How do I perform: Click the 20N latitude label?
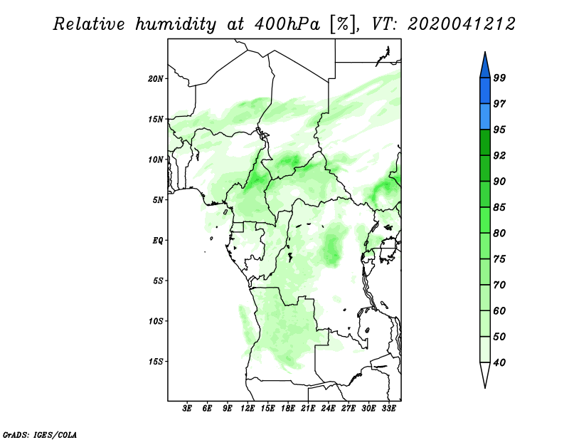point(156,79)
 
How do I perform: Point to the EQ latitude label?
point(158,241)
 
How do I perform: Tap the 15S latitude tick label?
point(156,362)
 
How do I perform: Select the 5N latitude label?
point(158,200)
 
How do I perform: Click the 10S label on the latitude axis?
point(156,321)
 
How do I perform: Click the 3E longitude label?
point(187,409)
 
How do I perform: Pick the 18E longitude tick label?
point(288,409)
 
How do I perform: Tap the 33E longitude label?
point(388,409)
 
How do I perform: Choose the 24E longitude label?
point(328,409)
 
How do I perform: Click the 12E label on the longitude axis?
point(248,409)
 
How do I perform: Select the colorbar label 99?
point(499,78)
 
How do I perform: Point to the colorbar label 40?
point(499,362)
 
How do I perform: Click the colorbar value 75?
point(499,259)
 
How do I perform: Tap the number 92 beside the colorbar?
point(499,155)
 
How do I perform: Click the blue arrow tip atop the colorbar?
point(485,52)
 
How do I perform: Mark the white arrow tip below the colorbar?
point(485,387)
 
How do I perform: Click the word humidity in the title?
point(176,24)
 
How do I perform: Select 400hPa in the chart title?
point(287,24)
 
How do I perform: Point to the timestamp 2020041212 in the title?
point(461,24)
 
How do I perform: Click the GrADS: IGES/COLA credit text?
point(40,435)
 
